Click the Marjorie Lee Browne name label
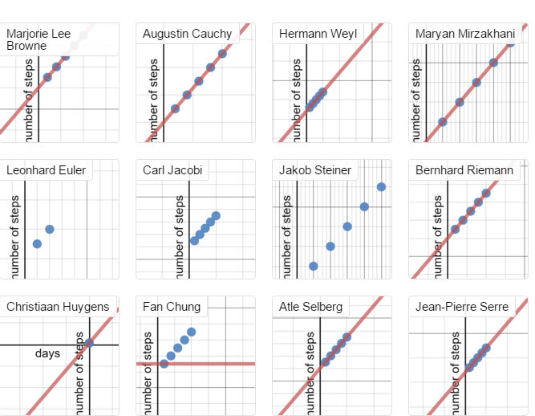point(39,39)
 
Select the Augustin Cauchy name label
point(187,34)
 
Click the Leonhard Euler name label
point(46,170)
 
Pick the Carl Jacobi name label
point(172,170)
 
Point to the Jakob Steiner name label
point(315,170)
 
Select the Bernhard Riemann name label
point(464,170)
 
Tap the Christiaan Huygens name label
point(58,307)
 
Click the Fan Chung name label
point(172,307)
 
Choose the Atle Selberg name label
point(310,307)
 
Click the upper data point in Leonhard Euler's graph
point(50,229)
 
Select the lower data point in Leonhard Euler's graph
point(37,243)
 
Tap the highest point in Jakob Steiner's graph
point(381,187)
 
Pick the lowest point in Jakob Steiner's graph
point(314,266)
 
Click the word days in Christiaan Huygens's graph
point(47,353)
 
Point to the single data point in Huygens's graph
point(89,343)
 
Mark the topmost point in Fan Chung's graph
point(192,332)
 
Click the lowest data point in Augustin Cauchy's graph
point(175,108)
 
